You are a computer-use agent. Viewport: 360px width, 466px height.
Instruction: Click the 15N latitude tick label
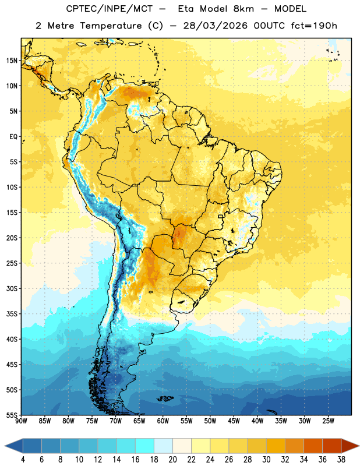12,61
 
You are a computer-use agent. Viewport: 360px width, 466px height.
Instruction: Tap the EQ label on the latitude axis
13,137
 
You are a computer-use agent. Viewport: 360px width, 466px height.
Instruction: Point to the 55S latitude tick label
12,415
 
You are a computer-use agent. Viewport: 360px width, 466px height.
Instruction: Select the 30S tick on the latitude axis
12,288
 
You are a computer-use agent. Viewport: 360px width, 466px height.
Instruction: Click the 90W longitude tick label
21,421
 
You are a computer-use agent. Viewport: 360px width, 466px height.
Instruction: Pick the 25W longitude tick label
328,421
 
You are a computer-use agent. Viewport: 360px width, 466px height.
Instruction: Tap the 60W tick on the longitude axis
163,421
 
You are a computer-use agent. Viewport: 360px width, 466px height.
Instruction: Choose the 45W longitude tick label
234,421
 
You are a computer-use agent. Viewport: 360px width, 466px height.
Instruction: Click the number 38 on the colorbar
341,460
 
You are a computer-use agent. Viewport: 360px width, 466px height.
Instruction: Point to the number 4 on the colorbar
23,460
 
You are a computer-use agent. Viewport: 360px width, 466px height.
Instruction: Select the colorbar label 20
172,460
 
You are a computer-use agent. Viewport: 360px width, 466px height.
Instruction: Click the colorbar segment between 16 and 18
145,446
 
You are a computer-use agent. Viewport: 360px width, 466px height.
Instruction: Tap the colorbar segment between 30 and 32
276,446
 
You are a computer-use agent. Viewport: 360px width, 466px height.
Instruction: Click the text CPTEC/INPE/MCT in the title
110,9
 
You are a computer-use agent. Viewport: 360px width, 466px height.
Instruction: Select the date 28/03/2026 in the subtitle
215,26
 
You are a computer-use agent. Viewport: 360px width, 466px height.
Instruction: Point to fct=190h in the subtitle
314,26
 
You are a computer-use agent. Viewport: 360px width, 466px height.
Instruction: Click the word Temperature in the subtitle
111,26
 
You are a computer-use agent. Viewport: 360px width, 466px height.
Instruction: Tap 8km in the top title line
243,9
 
